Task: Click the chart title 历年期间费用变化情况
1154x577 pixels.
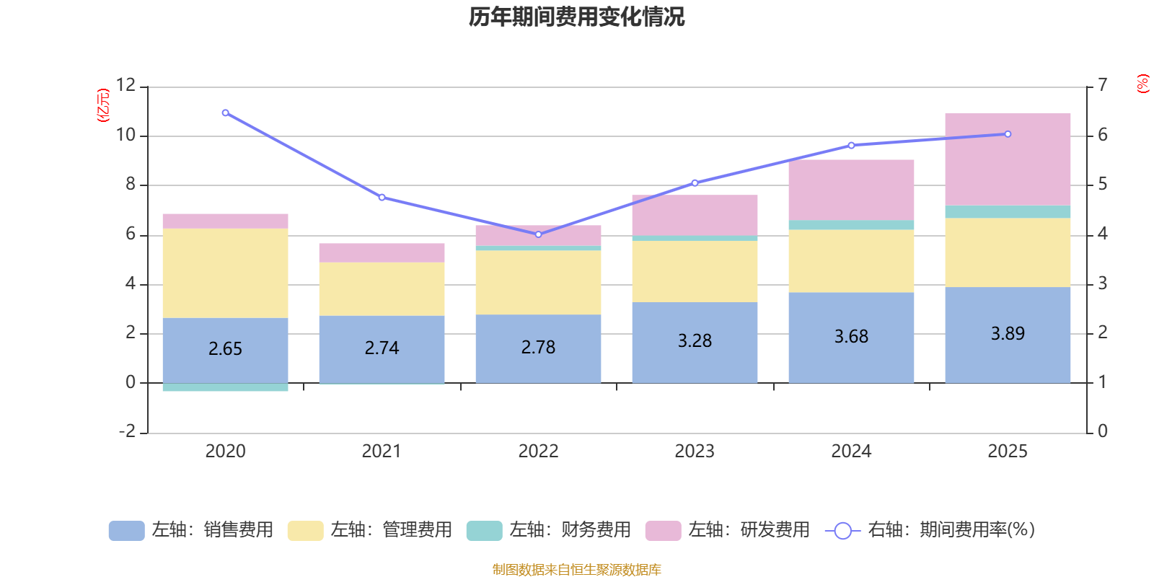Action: [x=576, y=17]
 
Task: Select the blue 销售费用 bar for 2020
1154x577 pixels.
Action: [x=225, y=350]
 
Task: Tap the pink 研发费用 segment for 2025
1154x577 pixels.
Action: [x=1008, y=159]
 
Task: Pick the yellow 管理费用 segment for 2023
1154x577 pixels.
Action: [x=695, y=271]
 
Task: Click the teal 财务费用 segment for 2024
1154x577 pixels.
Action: [x=851, y=225]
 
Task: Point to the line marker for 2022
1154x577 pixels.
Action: [x=538, y=234]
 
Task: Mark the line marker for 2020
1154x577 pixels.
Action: [x=226, y=113]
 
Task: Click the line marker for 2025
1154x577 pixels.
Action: [x=1008, y=134]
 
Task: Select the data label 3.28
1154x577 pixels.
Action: [x=695, y=340]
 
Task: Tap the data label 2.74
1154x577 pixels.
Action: [x=382, y=348]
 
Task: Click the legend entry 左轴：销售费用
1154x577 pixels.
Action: [x=191, y=530]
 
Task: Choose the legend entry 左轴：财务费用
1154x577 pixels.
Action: [x=549, y=530]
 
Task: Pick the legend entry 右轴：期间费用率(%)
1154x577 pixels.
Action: [x=930, y=530]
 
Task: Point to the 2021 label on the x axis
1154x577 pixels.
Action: [x=382, y=451]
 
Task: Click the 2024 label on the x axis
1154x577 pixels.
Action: [x=851, y=451]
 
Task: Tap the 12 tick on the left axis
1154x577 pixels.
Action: [x=126, y=85]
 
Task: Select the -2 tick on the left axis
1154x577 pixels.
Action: [x=128, y=431]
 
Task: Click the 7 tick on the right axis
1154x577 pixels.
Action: [x=1102, y=85]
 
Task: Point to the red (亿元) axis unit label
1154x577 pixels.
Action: [x=103, y=105]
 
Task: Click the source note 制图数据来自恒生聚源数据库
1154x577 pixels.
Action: [x=576, y=570]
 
